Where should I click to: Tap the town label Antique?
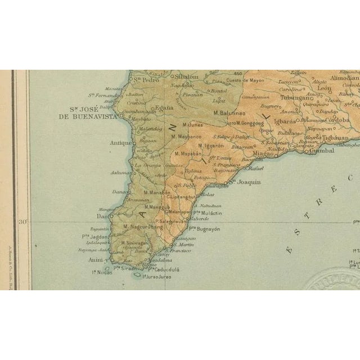pyautogui.click(x=121, y=143)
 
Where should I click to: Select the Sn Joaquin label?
pyautogui.click(x=245, y=182)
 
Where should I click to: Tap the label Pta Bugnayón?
pyautogui.click(x=204, y=229)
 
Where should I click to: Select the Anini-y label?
pyautogui.click(x=99, y=260)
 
